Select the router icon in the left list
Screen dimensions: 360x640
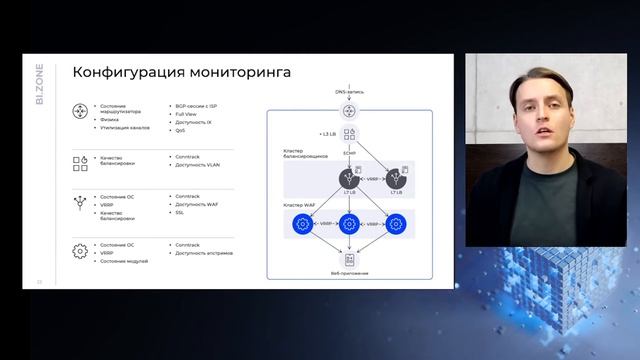pyautogui.click(x=81, y=113)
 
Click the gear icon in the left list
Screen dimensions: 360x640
pyautogui.click(x=81, y=251)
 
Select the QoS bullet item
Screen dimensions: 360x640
pyautogui.click(x=180, y=130)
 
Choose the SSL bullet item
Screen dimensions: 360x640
pyautogui.click(x=180, y=212)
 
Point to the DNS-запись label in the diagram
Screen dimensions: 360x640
pyautogui.click(x=349, y=92)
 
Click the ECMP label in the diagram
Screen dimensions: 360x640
pyautogui.click(x=349, y=153)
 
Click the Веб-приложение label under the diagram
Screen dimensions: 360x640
pyautogui.click(x=349, y=273)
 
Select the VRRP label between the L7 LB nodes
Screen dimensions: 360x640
pyautogui.click(x=373, y=178)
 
